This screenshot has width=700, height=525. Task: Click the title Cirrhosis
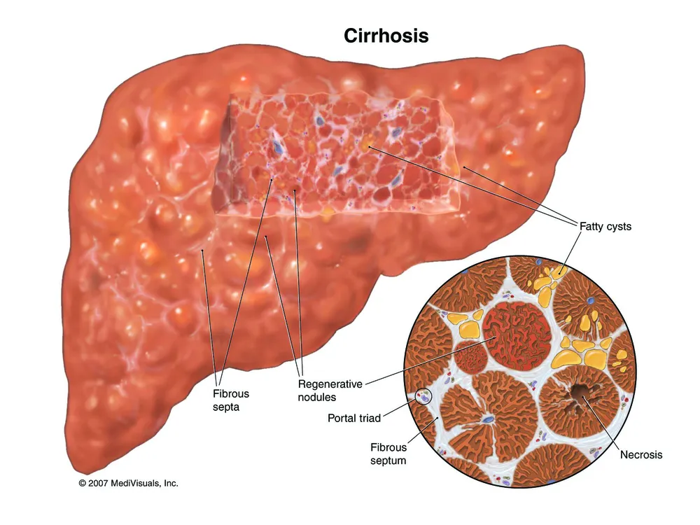click(386, 36)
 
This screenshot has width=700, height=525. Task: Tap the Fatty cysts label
click(605, 226)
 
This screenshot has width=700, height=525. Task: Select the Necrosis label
click(641, 454)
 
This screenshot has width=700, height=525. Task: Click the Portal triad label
click(354, 419)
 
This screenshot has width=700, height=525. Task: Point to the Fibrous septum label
click(388, 454)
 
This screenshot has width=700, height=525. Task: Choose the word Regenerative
click(330, 384)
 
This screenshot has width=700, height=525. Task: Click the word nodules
click(317, 397)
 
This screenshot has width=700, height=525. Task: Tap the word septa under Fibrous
click(226, 407)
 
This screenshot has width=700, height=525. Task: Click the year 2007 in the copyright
click(98, 483)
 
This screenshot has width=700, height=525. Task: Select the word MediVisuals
click(136, 483)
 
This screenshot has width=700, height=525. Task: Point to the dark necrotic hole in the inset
click(579, 393)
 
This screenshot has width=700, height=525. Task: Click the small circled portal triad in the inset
click(423, 396)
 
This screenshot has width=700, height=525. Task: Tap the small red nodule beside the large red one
click(470, 357)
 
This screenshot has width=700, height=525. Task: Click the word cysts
click(618, 227)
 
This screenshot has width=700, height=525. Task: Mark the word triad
click(369, 419)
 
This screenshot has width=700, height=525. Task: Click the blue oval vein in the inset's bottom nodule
click(489, 419)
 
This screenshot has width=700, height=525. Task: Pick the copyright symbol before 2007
click(82, 483)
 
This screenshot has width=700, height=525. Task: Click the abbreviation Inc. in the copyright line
click(171, 483)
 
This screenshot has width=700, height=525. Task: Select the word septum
click(388, 461)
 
